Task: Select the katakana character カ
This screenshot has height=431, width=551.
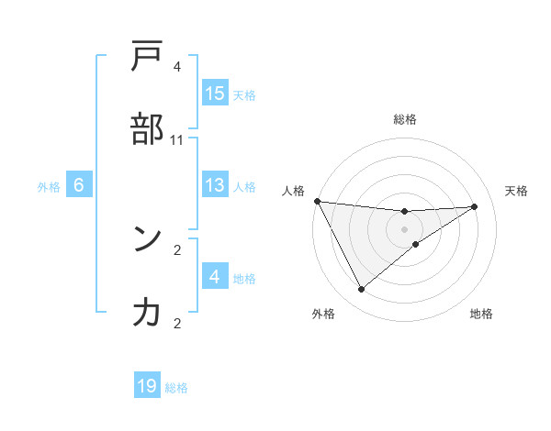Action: click(147, 313)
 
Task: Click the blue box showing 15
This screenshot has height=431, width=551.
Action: click(215, 94)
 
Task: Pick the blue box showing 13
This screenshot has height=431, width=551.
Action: click(215, 185)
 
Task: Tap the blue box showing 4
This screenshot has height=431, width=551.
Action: click(215, 277)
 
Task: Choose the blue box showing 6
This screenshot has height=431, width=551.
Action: click(79, 185)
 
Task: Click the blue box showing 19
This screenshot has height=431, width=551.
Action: click(147, 386)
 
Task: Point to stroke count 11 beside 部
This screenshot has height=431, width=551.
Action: click(176, 139)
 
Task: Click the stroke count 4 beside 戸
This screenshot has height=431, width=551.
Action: click(176, 67)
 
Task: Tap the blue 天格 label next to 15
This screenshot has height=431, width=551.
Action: click(244, 94)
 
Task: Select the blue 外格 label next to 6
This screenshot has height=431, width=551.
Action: click(49, 186)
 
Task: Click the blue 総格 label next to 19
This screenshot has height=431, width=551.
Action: click(176, 387)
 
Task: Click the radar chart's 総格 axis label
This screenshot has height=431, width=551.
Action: click(404, 119)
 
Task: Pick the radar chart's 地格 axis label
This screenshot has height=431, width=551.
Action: click(481, 314)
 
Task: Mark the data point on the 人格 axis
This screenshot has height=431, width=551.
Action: click(317, 201)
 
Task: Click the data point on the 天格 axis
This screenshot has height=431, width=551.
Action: click(475, 206)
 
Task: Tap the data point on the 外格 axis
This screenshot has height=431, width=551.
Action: click(362, 290)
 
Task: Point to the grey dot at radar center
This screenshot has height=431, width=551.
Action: click(404, 229)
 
